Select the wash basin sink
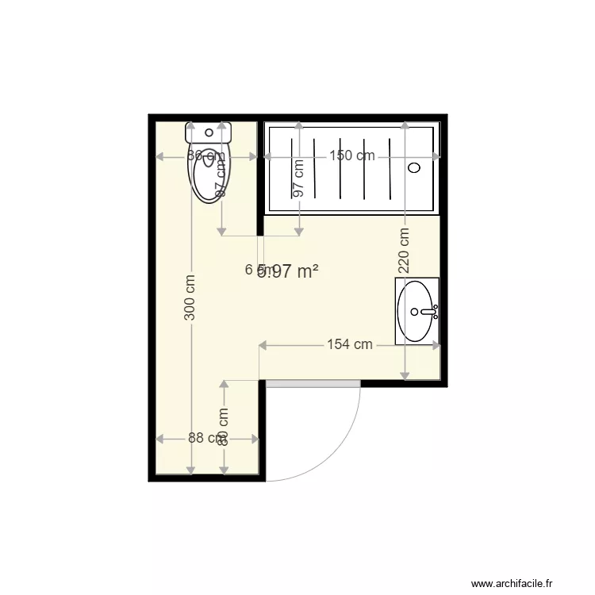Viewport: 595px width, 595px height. pos(416,311)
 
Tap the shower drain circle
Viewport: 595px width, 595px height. pos(414,167)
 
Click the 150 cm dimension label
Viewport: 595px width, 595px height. pos(351,156)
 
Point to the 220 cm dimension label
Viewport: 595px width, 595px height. pos(404,251)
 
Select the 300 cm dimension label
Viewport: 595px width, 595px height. pos(190,297)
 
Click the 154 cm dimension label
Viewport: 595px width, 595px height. pos(350,344)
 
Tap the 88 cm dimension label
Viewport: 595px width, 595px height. pos(202,438)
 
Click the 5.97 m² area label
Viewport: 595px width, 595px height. pos(290,271)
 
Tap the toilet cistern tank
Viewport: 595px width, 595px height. pos(209,132)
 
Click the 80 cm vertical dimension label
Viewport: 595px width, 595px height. pos(223,427)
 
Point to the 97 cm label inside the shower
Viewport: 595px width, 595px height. pos(298,178)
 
